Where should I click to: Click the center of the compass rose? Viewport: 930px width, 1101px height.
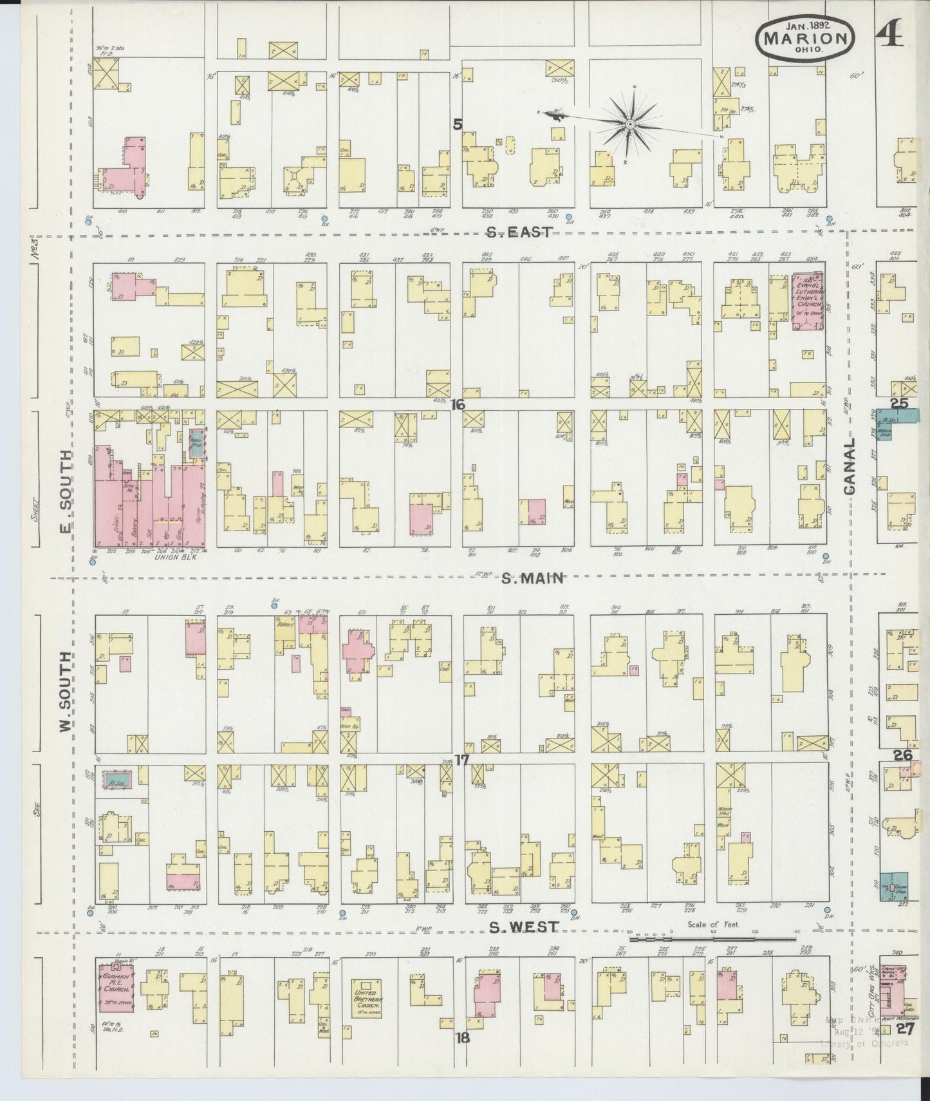(x=630, y=124)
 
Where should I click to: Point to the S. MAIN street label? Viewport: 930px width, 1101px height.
(x=532, y=578)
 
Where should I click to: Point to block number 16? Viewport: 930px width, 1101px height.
(x=458, y=404)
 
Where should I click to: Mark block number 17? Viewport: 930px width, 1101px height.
(x=461, y=760)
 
